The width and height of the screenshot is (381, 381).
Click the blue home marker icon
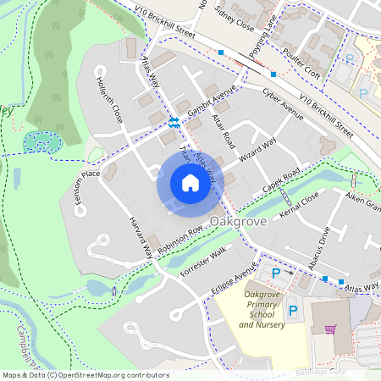pyautogui.click(x=190, y=183)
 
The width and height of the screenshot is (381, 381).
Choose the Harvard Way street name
pyautogui.click(x=141, y=234)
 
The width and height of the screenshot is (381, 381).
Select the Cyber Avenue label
pyautogui.click(x=283, y=105)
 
